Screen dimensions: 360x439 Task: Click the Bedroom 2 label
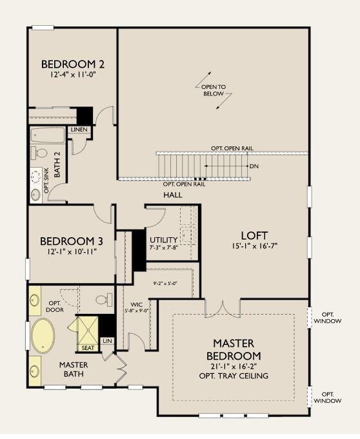[x=73, y=64]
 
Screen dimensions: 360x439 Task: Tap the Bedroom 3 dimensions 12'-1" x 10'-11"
[x=72, y=251]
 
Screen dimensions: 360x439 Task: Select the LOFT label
[x=254, y=236]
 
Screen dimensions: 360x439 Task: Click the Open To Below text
[x=214, y=90]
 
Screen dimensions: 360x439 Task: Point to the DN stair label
[x=254, y=166]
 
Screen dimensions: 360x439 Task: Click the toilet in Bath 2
[x=39, y=153]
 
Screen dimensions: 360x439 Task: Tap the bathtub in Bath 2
[x=48, y=135]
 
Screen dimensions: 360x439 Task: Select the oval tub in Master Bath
[x=43, y=336]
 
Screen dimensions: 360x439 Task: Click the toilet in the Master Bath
[x=105, y=300]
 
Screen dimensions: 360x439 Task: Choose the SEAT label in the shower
[x=88, y=348]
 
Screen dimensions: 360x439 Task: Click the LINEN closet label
[x=79, y=130]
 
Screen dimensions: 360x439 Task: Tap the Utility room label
[x=164, y=240]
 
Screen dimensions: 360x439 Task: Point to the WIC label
[x=137, y=305]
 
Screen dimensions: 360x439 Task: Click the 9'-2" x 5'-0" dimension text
[x=165, y=283]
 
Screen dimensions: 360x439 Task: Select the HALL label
[x=173, y=195]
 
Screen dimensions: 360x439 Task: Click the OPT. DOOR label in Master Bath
[x=55, y=307]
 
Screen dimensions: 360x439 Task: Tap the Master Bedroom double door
[x=223, y=309]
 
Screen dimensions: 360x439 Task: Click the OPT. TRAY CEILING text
[x=234, y=376]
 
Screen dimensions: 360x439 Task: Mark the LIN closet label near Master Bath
[x=107, y=341]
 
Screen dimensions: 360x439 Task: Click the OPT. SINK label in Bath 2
[x=47, y=180]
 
